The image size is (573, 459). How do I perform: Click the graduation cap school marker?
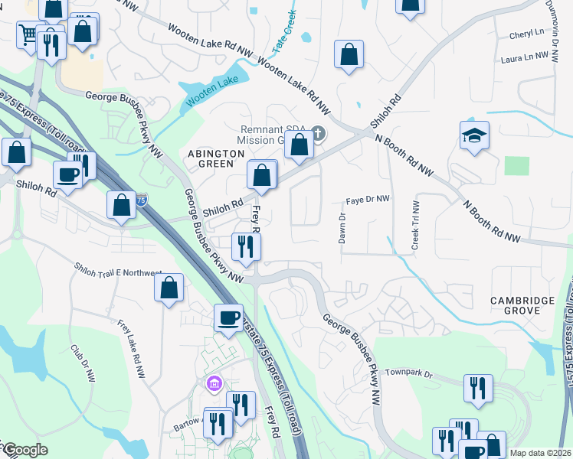474,136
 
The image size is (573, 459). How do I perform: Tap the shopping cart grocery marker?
28,34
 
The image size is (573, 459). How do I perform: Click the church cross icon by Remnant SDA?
318,135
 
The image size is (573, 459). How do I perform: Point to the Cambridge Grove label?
523,306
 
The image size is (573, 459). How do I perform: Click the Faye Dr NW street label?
368,199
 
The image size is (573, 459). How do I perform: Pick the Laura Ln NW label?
528,58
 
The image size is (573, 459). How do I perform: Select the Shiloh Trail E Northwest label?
118,272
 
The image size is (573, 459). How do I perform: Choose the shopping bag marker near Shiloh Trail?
169,288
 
